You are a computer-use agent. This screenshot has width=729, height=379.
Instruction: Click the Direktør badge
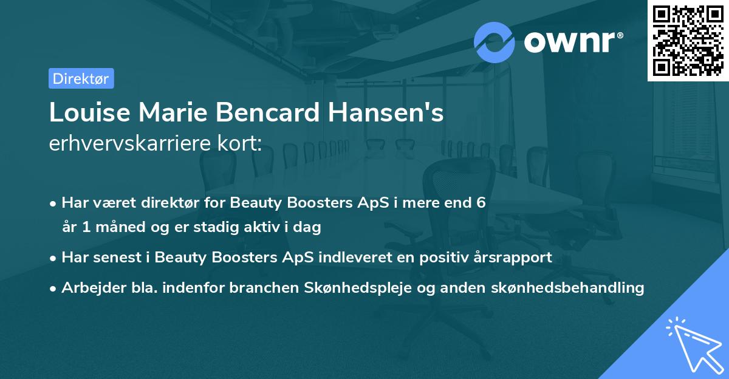click(x=81, y=78)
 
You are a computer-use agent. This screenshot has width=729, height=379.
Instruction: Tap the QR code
click(x=688, y=40)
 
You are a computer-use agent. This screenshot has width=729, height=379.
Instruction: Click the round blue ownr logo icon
click(x=495, y=42)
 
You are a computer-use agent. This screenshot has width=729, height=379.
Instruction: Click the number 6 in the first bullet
click(x=481, y=203)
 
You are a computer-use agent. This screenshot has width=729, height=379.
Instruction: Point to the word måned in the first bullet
click(x=115, y=228)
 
